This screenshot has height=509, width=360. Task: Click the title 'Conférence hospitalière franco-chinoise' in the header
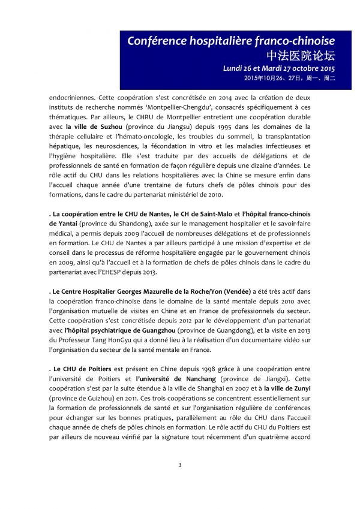pos(231,41)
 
